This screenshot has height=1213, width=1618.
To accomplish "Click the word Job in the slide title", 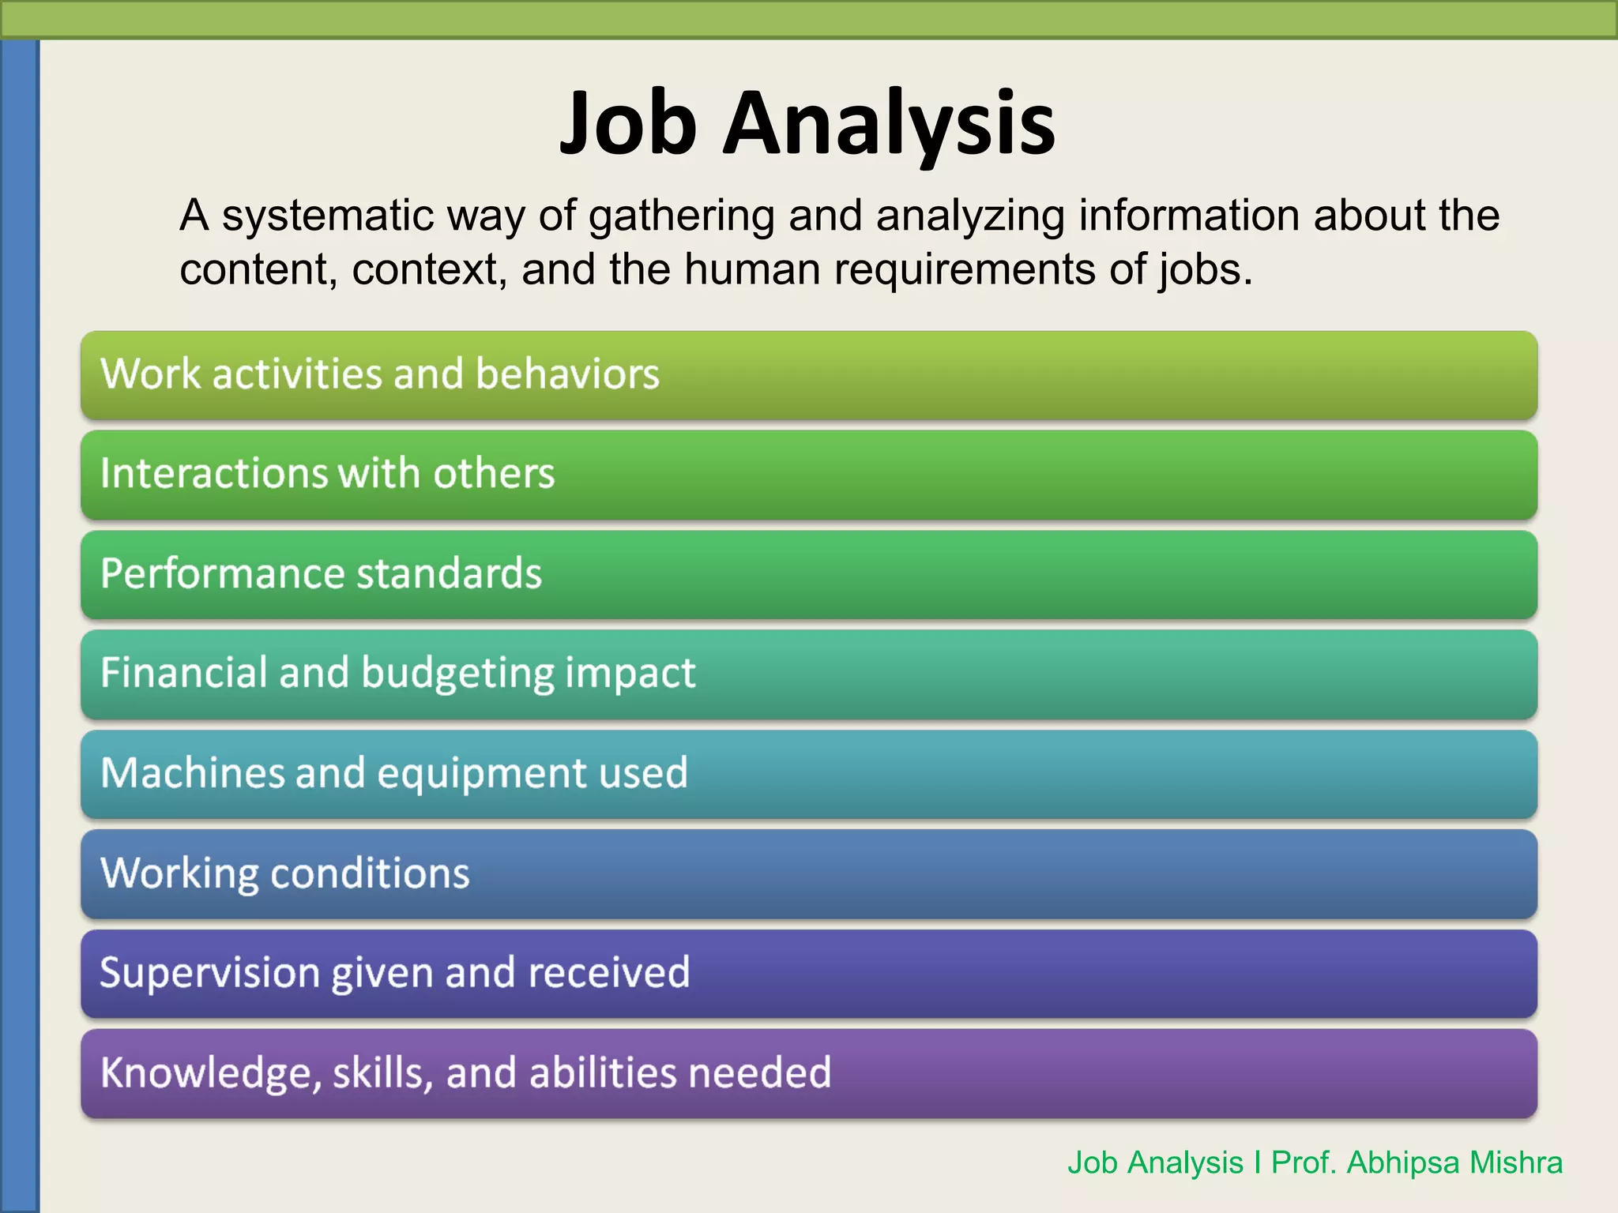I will click(628, 123).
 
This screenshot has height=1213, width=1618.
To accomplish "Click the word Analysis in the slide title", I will click(890, 123).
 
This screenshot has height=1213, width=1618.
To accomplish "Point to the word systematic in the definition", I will click(328, 215).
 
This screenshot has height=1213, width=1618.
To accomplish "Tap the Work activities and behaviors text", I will click(380, 374).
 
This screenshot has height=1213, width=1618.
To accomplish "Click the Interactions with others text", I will click(327, 473).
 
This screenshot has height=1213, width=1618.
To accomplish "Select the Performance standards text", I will click(321, 573).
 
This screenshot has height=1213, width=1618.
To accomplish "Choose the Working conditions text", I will click(285, 873).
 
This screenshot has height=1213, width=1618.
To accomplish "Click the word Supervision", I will click(209, 973).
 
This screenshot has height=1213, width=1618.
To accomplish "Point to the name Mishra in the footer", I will click(1516, 1162).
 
